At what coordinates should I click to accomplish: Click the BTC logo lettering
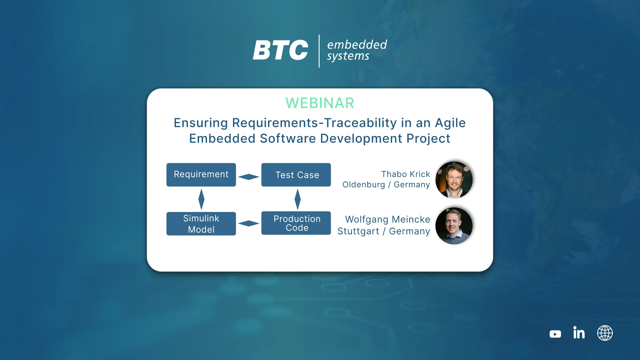tap(280, 50)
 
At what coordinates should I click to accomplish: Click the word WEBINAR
tap(320, 103)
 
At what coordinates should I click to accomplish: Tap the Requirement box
tap(201, 175)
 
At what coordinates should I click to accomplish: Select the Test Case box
tap(296, 175)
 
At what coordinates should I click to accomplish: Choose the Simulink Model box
tap(201, 224)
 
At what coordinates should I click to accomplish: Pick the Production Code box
tap(296, 223)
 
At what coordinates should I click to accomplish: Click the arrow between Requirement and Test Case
tap(249, 177)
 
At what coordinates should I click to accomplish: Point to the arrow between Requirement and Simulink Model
tap(201, 199)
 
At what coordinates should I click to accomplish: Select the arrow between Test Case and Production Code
tap(298, 199)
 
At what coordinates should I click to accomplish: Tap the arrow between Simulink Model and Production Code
tap(249, 223)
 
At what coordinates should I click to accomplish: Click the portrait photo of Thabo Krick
tap(454, 180)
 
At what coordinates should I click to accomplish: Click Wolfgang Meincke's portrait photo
tap(454, 226)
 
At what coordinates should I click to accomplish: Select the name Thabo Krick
tap(406, 174)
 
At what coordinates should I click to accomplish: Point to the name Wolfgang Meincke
tap(388, 219)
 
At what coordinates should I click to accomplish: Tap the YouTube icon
tap(555, 334)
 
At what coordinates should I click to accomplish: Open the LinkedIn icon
tap(579, 332)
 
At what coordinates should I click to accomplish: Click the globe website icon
tap(605, 333)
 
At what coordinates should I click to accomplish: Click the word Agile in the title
tap(450, 123)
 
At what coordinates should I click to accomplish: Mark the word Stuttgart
tap(358, 231)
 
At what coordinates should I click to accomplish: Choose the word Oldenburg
tap(364, 185)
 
